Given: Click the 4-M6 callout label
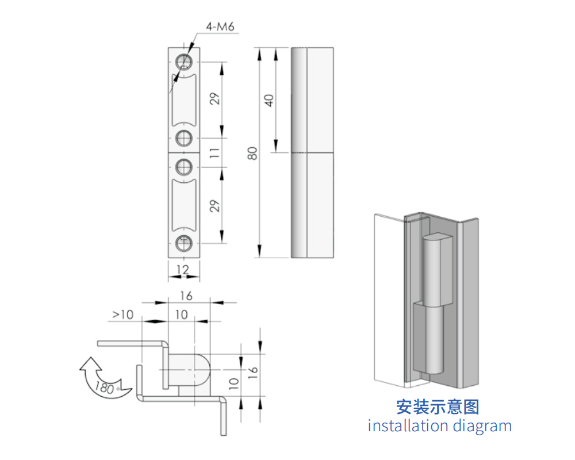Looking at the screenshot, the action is (x=220, y=27).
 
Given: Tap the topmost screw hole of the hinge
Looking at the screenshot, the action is (x=184, y=62).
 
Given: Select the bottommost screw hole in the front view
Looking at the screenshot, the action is (x=184, y=243).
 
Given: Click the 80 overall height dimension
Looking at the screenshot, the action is (x=252, y=153).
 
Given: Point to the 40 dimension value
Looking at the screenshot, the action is (x=269, y=100).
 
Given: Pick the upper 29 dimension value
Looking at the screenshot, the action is (x=215, y=99).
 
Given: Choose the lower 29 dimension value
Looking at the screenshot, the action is (x=215, y=206).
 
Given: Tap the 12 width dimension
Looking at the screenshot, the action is (x=183, y=270).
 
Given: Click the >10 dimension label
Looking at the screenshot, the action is (x=123, y=315).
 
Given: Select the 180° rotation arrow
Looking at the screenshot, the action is (x=103, y=378).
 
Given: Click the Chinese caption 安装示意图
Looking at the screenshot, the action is (x=438, y=407).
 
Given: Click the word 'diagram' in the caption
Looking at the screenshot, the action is (x=482, y=427).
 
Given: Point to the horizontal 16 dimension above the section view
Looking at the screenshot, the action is (x=186, y=296).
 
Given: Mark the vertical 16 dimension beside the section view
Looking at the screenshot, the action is (x=253, y=373).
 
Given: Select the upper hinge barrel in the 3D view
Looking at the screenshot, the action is (x=437, y=270).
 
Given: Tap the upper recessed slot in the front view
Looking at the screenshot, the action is (x=184, y=100).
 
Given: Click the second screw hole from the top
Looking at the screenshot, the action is (x=184, y=138).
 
